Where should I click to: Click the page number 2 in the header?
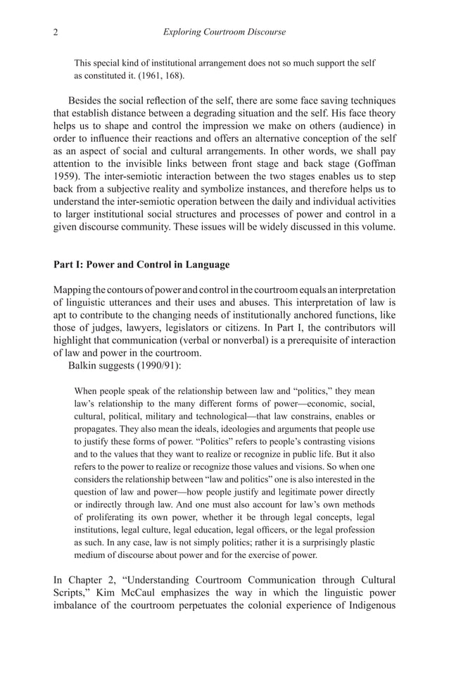[56, 32]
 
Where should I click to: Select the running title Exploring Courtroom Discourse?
[224, 32]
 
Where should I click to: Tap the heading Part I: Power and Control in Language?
[141, 264]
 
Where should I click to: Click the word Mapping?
[75, 290]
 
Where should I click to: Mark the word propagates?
[98, 429]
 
